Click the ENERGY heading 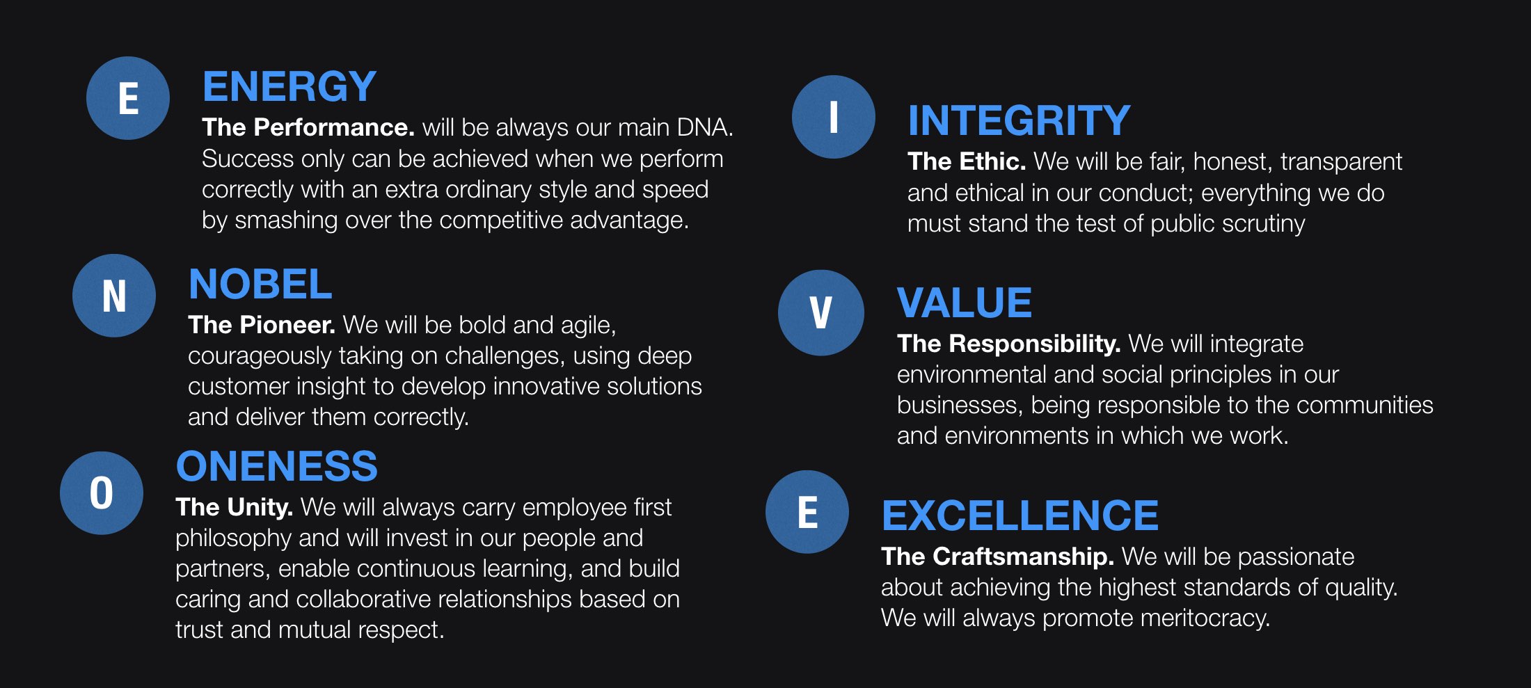coord(289,87)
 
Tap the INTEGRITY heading coord(1019,120)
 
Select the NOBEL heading coord(260,284)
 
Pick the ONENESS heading coord(276,466)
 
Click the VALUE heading coord(964,303)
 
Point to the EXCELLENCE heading coord(1020,515)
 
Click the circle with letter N coord(114,296)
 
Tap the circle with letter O coord(102,493)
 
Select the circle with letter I coord(834,117)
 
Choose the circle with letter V coord(821,313)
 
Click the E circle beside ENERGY coord(128,98)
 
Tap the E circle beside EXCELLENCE coord(807,512)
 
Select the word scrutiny coord(1263,224)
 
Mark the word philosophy coord(233,538)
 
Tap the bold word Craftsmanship coord(1023,557)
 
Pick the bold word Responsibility coord(1035,344)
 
